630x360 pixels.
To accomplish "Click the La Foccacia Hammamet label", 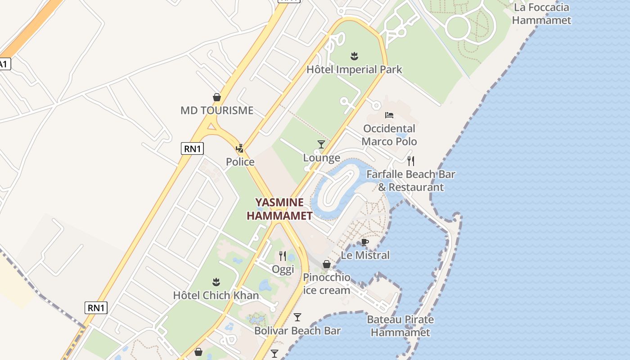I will coord(541,14).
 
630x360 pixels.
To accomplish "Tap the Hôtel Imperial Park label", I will coord(354,70).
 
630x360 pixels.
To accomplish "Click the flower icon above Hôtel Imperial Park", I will coord(354,56).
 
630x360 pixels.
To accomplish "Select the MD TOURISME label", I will coord(217,110).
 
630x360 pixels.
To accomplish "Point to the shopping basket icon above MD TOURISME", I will coord(217,97).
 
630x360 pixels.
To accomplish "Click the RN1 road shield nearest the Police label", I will coord(192,148).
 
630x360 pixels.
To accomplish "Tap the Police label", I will coord(240,162).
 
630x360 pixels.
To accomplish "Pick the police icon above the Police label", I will coord(240,148).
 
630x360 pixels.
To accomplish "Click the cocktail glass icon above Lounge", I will coord(321,144).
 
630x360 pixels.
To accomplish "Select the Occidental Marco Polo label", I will coord(389,135).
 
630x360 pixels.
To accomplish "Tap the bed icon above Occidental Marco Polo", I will coord(389,115).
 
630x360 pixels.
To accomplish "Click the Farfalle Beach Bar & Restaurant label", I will coord(411,180).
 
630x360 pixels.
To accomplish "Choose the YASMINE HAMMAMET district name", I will coord(279,209).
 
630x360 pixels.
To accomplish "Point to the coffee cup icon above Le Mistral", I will coord(365,243).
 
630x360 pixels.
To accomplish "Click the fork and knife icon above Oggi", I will coord(283,256).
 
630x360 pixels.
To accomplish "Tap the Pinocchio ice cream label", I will coord(327,283).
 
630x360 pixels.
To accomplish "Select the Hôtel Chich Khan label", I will coord(216,296).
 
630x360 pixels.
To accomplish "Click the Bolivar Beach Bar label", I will coord(297,331).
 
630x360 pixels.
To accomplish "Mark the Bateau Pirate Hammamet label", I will coord(400,326).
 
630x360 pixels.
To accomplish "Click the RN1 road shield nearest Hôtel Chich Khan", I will coord(96,308).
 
